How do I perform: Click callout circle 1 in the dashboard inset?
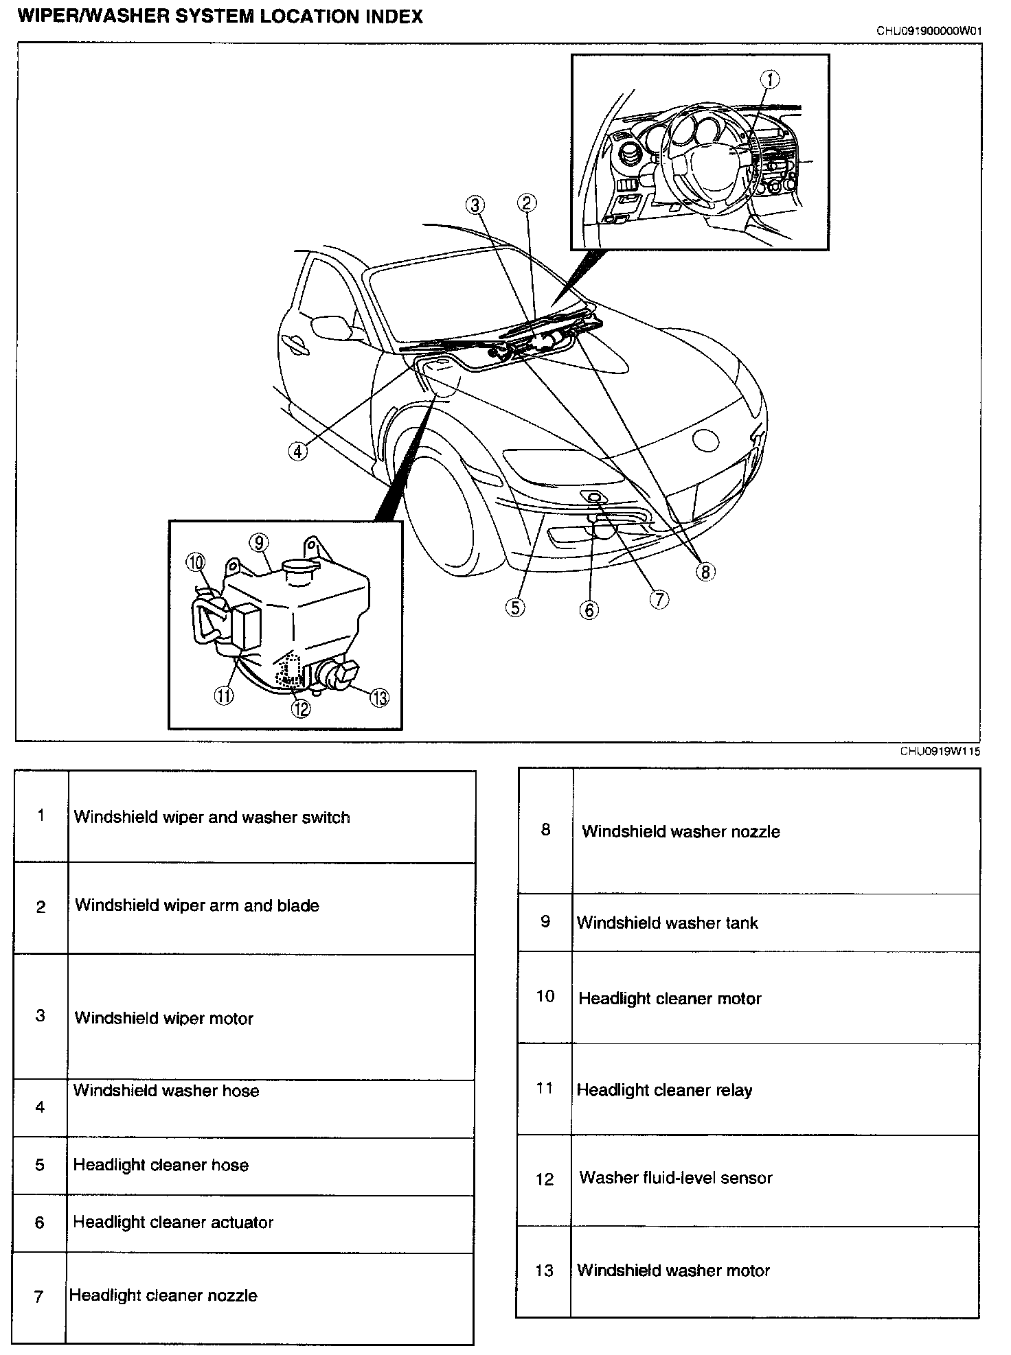coord(769,80)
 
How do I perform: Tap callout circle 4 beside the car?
coord(297,451)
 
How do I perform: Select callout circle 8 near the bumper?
coord(705,571)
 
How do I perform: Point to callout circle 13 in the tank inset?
coord(379,697)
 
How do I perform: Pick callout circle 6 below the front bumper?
coord(589,610)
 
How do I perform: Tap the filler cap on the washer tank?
coord(297,569)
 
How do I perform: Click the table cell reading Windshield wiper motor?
coord(163,1018)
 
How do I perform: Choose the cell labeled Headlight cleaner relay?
coord(664,1090)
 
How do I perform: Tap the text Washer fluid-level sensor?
coord(676,1178)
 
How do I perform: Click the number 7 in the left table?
coord(39,1296)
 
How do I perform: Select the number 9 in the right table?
coord(545,921)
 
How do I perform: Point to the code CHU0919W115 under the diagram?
coord(940,751)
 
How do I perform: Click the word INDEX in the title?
coord(388,16)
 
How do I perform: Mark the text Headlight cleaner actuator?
coord(173,1222)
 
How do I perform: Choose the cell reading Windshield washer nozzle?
coord(681,831)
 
